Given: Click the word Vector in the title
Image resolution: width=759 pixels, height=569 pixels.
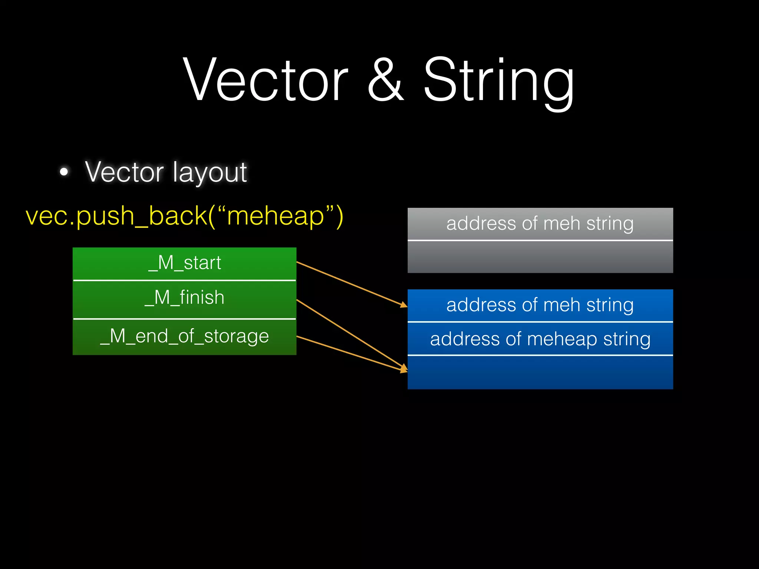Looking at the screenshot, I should (265, 80).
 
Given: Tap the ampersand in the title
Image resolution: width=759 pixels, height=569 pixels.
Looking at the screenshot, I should (385, 80).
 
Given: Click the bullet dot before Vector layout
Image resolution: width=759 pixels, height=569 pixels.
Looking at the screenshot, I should (64, 172).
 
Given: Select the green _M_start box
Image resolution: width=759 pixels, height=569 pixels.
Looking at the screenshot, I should (184, 263).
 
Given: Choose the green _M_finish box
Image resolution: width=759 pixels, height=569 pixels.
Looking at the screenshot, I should (184, 299).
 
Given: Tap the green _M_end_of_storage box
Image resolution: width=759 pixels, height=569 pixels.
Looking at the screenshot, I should (184, 337).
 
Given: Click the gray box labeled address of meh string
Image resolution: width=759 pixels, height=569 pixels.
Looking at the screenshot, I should (540, 224).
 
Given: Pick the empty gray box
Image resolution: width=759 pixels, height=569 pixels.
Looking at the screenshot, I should (540, 257).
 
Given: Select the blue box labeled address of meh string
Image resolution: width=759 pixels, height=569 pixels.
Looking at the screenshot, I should (540, 305).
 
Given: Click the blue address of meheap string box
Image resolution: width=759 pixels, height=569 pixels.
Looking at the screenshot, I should (540, 339).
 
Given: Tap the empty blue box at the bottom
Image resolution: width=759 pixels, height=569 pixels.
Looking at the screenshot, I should (540, 372).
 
